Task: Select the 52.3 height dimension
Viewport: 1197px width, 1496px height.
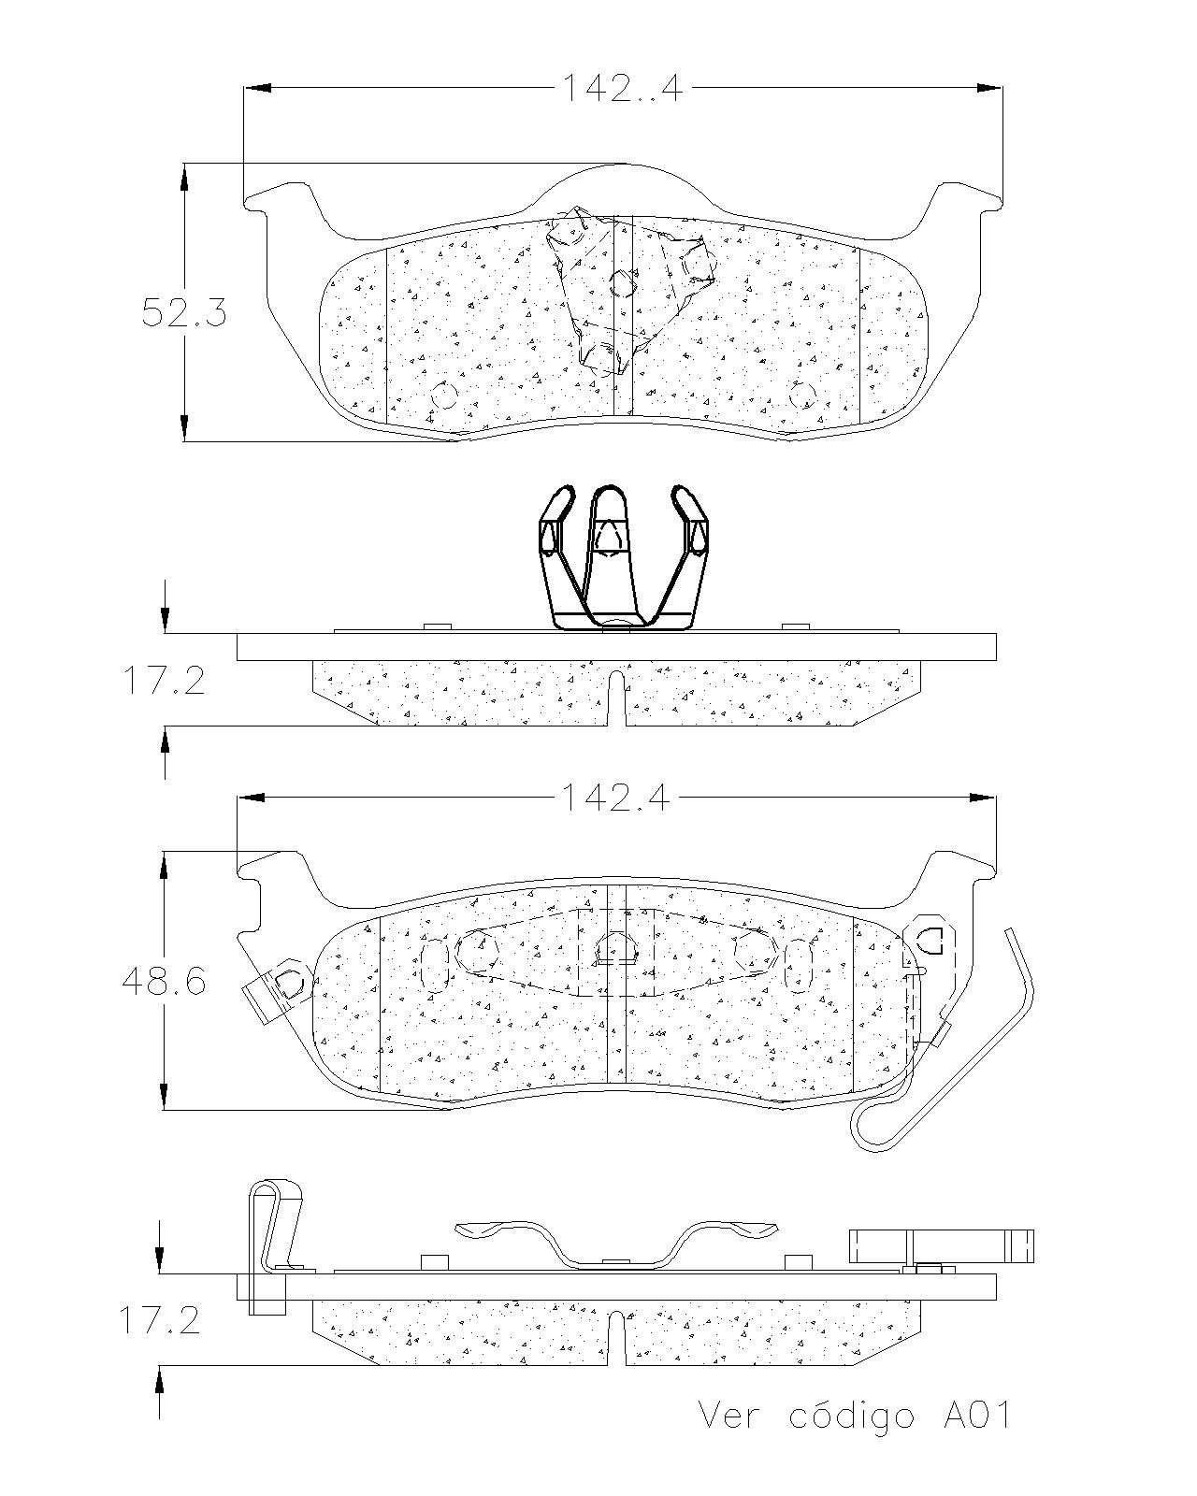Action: [x=184, y=312]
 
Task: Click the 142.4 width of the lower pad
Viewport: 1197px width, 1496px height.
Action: [x=615, y=798]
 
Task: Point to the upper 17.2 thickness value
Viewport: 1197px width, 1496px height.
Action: [x=165, y=680]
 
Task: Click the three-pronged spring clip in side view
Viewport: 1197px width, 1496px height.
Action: [x=623, y=557]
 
